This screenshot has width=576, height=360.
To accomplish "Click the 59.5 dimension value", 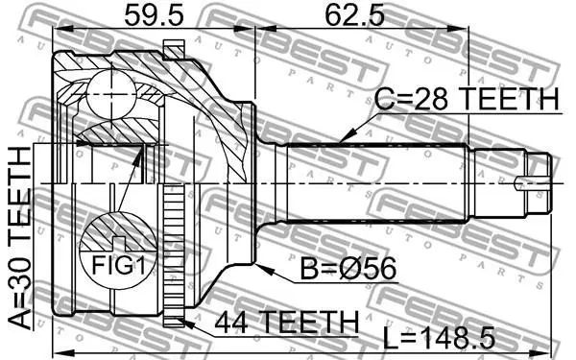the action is (x=154, y=15).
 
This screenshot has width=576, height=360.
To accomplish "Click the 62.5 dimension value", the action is (x=354, y=15).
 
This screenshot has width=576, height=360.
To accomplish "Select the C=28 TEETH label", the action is (x=467, y=99).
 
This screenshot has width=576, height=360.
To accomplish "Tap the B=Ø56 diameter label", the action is (x=348, y=268).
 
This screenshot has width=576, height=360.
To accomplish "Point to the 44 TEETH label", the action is (x=286, y=322).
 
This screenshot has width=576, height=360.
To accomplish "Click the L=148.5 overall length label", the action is (x=439, y=338).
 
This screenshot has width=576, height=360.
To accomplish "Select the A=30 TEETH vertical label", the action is (x=19, y=238).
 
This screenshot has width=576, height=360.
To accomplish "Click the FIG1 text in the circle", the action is (x=118, y=265).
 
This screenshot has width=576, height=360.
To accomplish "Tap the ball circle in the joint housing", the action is (x=110, y=95).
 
